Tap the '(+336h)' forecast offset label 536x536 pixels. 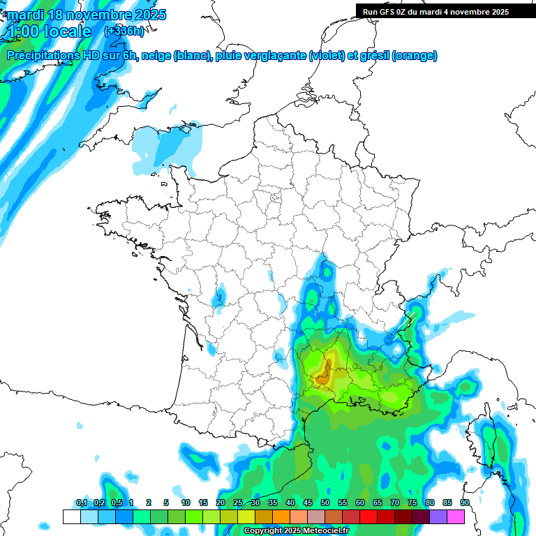[124, 31]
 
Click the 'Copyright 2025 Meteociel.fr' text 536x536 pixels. [296, 531]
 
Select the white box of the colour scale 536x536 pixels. [71, 516]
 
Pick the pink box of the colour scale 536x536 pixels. [456, 516]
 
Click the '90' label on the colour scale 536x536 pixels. [465, 503]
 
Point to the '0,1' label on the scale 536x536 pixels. [82, 503]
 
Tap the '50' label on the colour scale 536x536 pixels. [325, 503]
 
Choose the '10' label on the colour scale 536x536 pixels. [186, 503]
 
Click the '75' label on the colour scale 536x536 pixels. [412, 503]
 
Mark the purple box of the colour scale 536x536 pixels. [438, 516]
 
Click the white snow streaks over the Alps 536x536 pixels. [406, 325]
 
